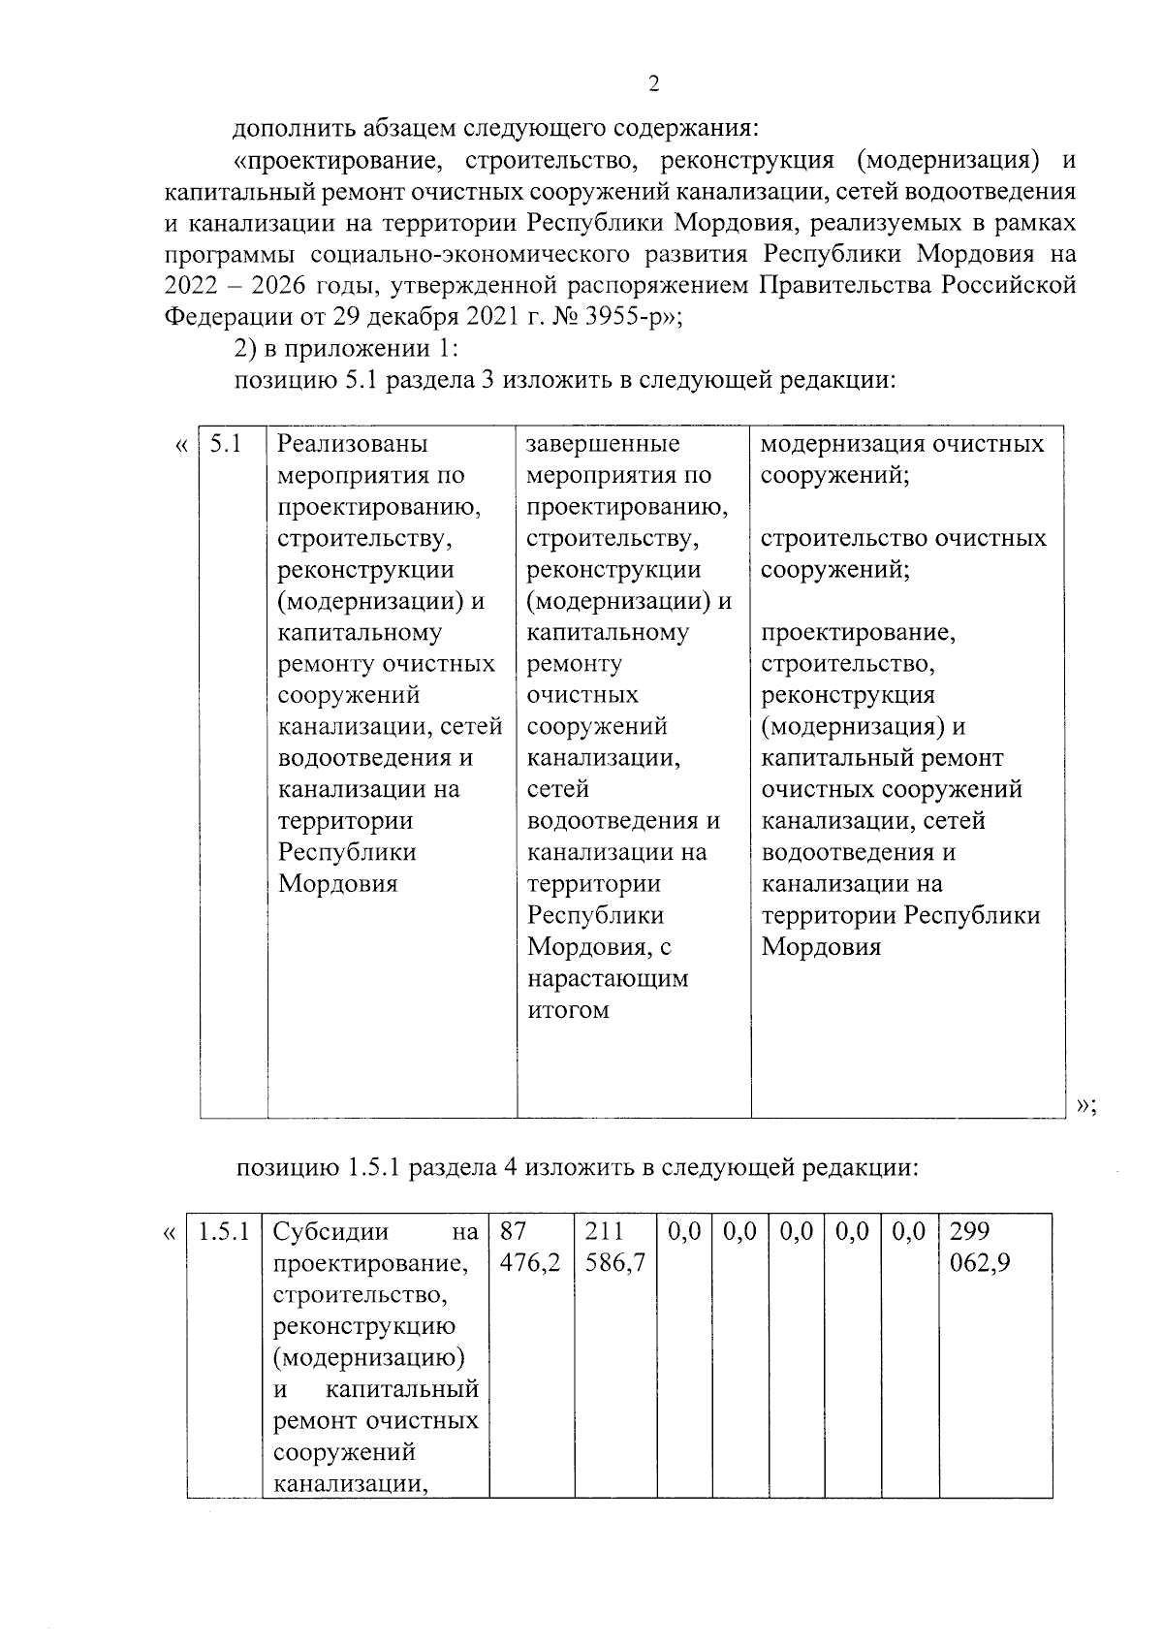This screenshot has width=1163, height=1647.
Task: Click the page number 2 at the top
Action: pos(653,84)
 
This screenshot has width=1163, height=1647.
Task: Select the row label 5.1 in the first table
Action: pos(225,444)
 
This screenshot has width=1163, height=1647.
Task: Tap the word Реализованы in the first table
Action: pos(353,444)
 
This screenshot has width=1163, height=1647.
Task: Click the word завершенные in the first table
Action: pos(603,444)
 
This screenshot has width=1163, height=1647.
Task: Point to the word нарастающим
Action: pos(608,978)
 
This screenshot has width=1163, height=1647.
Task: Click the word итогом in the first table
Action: pos(568,1010)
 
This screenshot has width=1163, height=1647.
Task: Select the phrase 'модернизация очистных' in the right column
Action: pos(902,444)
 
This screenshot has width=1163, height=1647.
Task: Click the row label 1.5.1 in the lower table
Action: pos(224,1232)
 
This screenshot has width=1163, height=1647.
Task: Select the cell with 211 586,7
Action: pos(615,1248)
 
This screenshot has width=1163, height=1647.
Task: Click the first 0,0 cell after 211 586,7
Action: pos(684,1232)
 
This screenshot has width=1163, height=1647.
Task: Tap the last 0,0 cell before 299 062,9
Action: pos(909,1232)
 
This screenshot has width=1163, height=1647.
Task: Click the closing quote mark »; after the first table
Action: pos(1085,1105)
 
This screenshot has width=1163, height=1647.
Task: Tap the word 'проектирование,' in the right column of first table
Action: pos(859,633)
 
